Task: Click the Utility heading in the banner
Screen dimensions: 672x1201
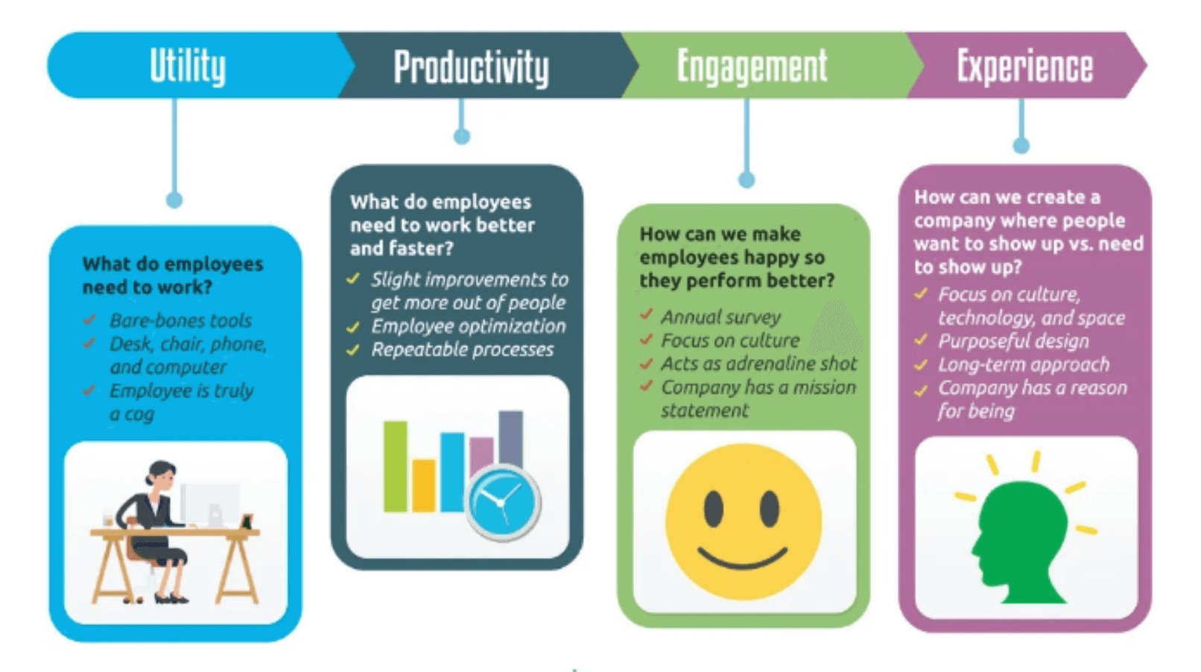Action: [x=188, y=66]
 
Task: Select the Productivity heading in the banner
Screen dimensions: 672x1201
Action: [x=471, y=68]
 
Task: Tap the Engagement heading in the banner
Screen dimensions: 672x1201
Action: [x=752, y=66]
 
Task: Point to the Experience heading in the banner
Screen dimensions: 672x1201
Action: [x=1024, y=66]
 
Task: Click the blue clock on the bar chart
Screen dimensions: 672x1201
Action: [x=503, y=501]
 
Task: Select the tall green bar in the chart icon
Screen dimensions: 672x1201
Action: [x=395, y=466]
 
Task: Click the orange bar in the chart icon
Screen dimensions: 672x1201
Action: [x=423, y=484]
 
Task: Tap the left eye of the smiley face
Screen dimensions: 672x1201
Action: [x=713, y=508]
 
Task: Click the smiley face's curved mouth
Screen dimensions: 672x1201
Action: [x=742, y=557]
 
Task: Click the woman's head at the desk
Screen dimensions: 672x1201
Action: [x=161, y=474]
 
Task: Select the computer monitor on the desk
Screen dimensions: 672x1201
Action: [x=211, y=503]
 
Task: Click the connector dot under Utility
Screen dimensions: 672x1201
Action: [x=174, y=200]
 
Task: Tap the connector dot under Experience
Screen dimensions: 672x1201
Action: [x=1021, y=145]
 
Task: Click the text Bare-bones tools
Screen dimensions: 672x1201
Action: [x=180, y=320]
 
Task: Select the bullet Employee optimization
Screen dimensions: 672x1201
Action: [x=468, y=326]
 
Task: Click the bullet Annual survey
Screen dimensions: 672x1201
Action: [x=720, y=317]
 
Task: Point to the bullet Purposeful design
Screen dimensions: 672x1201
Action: [x=1013, y=341]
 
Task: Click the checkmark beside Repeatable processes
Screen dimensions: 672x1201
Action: [x=353, y=349]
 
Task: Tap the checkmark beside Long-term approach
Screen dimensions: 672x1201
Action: [x=921, y=365]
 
